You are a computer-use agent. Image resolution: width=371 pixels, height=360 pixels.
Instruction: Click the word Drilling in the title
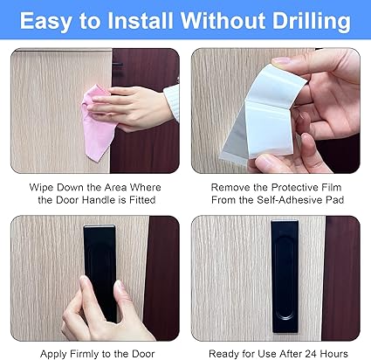point(311,21)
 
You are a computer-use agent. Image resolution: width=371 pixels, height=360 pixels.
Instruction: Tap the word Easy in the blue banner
point(46,21)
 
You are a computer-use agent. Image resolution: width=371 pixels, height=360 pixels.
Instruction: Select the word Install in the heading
point(141,20)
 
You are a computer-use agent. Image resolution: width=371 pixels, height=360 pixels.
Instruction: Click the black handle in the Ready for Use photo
point(285,276)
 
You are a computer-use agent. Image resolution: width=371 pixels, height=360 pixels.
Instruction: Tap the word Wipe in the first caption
point(41,187)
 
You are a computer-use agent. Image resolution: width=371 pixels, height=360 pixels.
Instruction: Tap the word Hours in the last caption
point(334,354)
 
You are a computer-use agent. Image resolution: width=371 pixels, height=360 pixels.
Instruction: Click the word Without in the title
point(223,20)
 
